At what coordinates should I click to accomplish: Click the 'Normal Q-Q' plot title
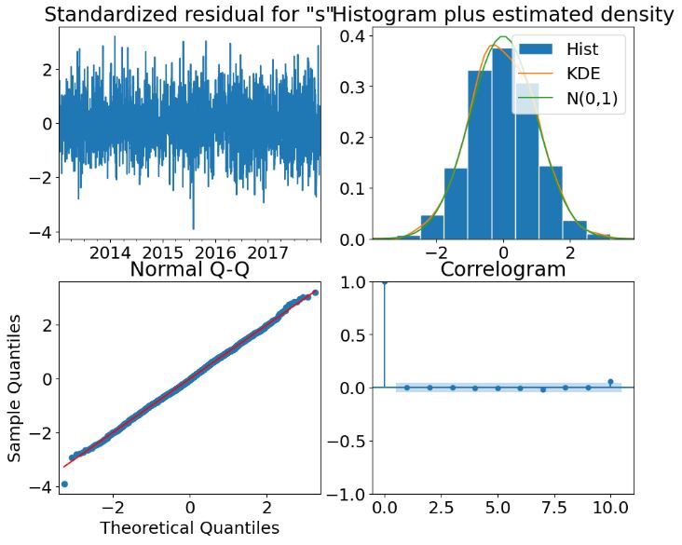click(x=190, y=269)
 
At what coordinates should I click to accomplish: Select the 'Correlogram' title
click(x=502, y=269)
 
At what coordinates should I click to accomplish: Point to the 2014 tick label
click(x=110, y=253)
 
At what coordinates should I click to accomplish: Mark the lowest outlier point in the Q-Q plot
click(x=64, y=484)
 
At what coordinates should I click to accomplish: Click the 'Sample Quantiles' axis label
click(x=16, y=388)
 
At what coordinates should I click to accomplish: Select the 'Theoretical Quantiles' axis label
click(x=190, y=528)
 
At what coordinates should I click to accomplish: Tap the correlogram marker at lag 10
click(x=610, y=382)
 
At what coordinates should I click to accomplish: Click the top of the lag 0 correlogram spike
click(x=385, y=281)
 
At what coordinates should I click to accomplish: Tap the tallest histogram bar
click(x=502, y=140)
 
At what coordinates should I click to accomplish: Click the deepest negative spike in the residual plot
click(x=193, y=228)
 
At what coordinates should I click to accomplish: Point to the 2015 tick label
click(x=163, y=253)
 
